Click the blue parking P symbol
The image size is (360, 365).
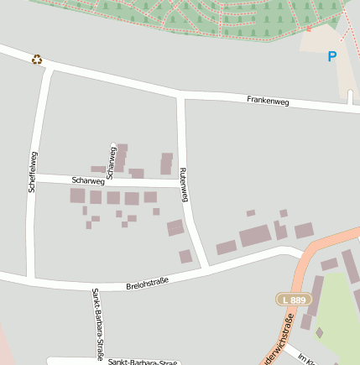(x=331, y=57)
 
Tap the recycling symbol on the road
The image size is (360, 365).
(x=37, y=60)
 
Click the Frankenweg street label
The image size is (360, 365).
(x=268, y=101)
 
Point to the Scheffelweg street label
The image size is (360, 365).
(x=33, y=172)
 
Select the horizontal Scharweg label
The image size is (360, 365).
(x=88, y=180)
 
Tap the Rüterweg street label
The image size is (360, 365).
(x=184, y=185)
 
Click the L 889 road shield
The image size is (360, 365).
(x=294, y=300)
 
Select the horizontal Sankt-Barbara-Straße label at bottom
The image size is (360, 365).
(x=143, y=362)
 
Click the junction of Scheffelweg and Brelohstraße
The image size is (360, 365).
(x=31, y=277)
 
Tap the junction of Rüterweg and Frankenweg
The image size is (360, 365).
(x=180, y=96)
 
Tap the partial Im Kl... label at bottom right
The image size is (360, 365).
(x=307, y=359)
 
